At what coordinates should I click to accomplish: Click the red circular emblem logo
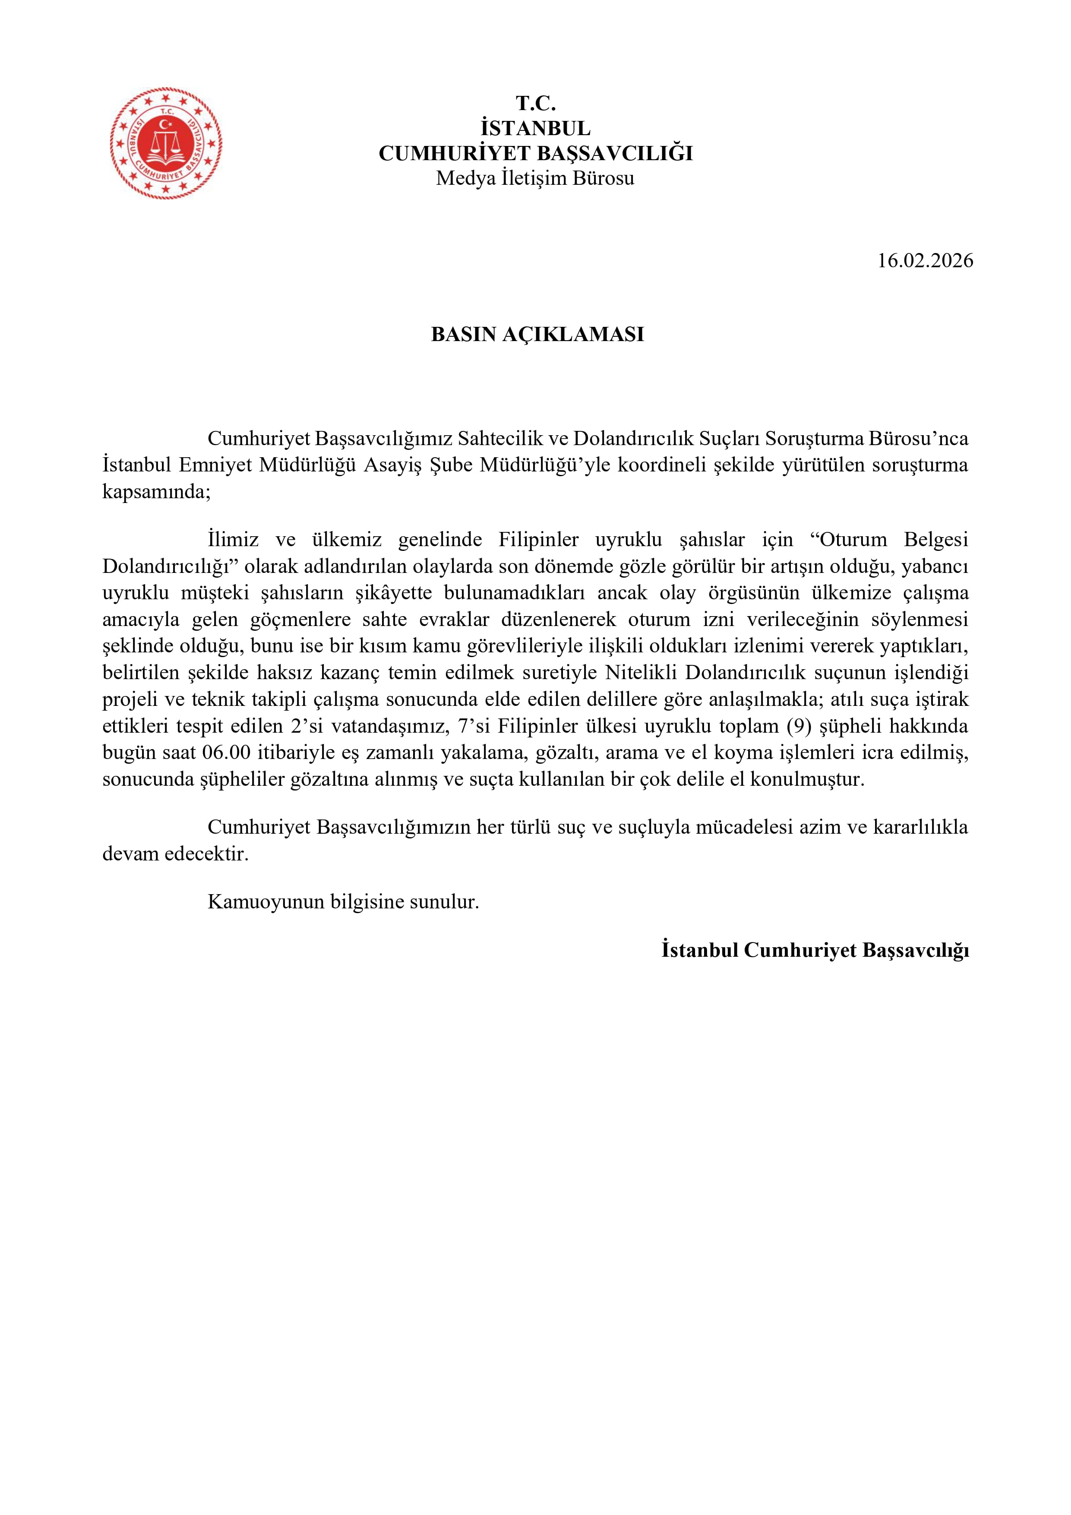pyautogui.click(x=166, y=142)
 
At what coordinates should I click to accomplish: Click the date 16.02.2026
pyautogui.click(x=925, y=261)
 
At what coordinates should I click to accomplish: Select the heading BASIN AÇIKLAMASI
pyautogui.click(x=537, y=335)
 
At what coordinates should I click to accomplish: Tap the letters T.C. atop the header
pyautogui.click(x=535, y=103)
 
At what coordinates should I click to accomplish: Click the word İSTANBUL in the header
pyautogui.click(x=535, y=128)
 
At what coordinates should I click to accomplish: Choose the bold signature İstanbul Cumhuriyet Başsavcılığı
pyautogui.click(x=815, y=950)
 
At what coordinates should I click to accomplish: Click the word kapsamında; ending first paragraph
pyautogui.click(x=156, y=492)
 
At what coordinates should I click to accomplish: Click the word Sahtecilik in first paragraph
pyautogui.click(x=506, y=438)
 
